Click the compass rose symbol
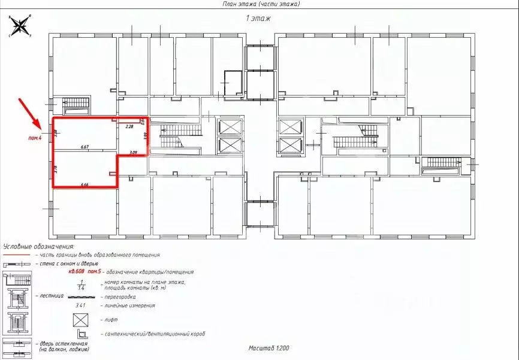tap(20, 26)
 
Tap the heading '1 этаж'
tap(259, 19)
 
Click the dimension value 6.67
tap(85, 146)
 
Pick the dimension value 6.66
tap(85, 185)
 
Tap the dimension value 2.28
tap(129, 127)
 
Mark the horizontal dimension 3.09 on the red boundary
tap(133, 153)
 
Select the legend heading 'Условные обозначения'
tap(38, 246)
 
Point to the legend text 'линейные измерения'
tap(130, 305)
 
